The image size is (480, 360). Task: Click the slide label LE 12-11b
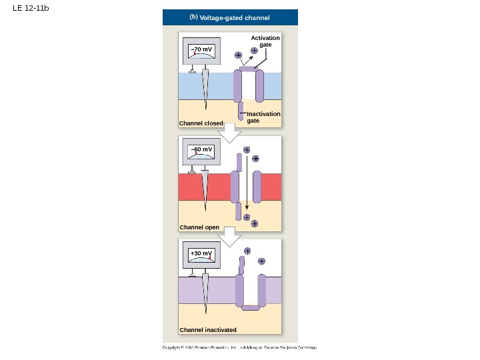(31, 8)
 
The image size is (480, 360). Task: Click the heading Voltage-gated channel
(235, 17)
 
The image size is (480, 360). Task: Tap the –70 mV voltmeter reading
(201, 49)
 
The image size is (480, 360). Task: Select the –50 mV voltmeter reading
(201, 149)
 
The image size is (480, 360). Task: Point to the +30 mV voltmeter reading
(201, 253)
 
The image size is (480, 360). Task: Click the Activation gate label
(265, 41)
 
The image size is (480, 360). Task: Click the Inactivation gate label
(263, 117)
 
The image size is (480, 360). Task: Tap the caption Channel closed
(201, 123)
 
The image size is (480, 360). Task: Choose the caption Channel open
(199, 227)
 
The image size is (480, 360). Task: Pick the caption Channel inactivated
(208, 330)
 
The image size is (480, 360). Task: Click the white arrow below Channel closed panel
(230, 133)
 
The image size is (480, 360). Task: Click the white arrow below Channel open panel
(230, 237)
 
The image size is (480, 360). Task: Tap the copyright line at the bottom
(240, 347)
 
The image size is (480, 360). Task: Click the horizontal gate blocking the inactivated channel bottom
(251, 307)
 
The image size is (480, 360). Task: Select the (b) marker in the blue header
(193, 17)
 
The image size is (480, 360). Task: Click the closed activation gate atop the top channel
(247, 69)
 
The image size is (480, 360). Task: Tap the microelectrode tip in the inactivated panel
(206, 312)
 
